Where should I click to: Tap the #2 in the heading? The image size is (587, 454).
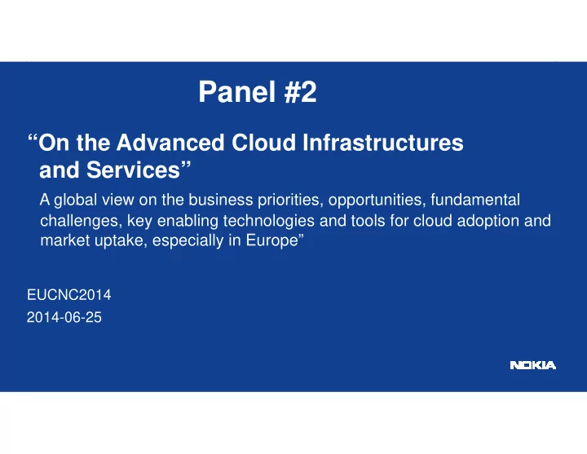point(300,92)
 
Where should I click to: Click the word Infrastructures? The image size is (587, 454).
point(383,143)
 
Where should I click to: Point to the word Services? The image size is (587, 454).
point(133,170)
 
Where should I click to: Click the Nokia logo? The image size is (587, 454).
point(532,365)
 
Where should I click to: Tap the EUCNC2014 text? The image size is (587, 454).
point(68,295)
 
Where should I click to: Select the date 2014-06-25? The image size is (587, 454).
point(64,317)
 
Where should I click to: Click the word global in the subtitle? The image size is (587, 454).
point(76,201)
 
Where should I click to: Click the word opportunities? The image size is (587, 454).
point(377,201)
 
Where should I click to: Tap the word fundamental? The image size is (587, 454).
point(475,200)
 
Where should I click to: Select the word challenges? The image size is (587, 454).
point(82,221)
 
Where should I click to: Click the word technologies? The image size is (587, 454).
point(269,221)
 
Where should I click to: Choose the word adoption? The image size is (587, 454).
point(488,221)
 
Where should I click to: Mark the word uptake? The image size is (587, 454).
point(123,240)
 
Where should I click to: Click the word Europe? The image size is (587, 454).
point(271,240)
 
